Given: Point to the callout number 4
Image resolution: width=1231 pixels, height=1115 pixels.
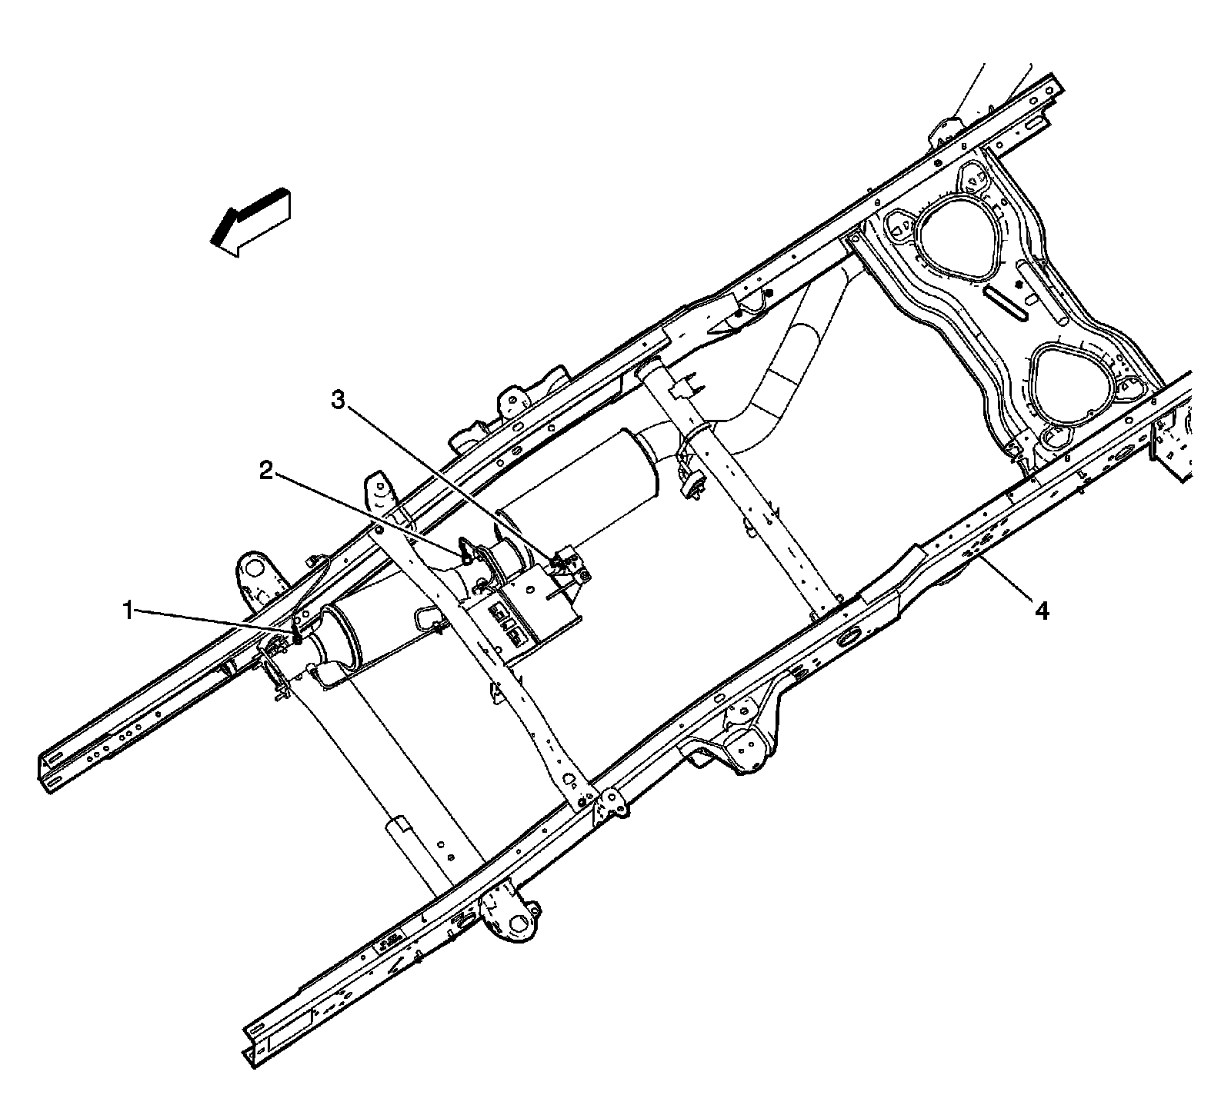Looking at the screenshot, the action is [1040, 611].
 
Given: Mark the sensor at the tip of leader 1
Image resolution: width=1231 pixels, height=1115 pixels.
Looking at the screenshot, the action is [297, 634].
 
